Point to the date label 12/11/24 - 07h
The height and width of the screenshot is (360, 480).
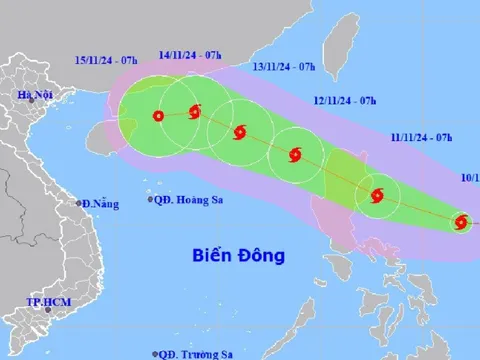(344, 101)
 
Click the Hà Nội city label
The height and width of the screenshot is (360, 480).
(33, 95)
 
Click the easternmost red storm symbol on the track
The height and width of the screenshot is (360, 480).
(461, 222)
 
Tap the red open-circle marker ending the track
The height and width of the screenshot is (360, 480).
(158, 116)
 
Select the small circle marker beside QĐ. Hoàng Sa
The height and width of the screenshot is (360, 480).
(151, 200)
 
